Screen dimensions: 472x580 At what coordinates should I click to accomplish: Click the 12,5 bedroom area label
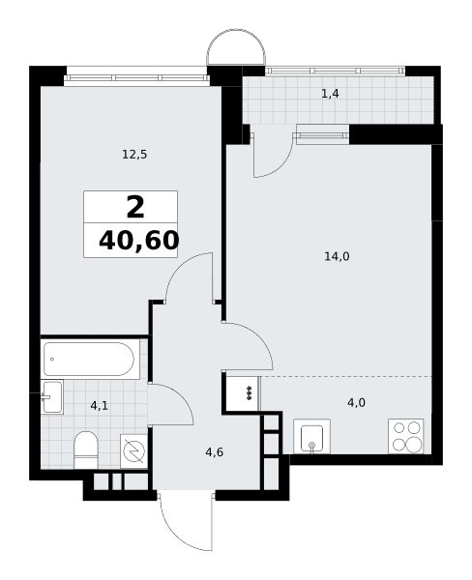click(x=134, y=155)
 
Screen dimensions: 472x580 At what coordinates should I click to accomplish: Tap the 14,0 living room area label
click(x=337, y=256)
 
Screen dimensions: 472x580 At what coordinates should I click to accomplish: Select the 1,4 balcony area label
click(x=330, y=94)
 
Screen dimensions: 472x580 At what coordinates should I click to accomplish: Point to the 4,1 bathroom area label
click(x=100, y=406)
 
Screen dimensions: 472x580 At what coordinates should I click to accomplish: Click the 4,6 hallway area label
click(x=215, y=452)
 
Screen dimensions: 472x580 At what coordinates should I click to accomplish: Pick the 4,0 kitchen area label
click(x=356, y=402)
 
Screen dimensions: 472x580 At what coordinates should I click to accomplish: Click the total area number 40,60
click(x=139, y=241)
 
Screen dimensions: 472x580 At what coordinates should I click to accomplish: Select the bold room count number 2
click(x=135, y=208)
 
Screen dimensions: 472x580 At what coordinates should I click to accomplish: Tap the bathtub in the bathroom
click(x=89, y=359)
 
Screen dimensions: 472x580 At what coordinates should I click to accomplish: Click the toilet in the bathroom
click(x=86, y=449)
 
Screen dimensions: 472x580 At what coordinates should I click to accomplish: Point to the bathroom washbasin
click(x=52, y=397)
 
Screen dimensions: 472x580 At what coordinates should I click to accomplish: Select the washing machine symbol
click(x=133, y=450)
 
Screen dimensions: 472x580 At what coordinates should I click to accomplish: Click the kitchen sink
click(x=311, y=437)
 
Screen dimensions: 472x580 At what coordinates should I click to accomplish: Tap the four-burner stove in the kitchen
click(x=405, y=437)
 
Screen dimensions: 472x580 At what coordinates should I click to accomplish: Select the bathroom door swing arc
click(x=182, y=395)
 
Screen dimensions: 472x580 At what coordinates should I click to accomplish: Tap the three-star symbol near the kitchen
click(x=250, y=392)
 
